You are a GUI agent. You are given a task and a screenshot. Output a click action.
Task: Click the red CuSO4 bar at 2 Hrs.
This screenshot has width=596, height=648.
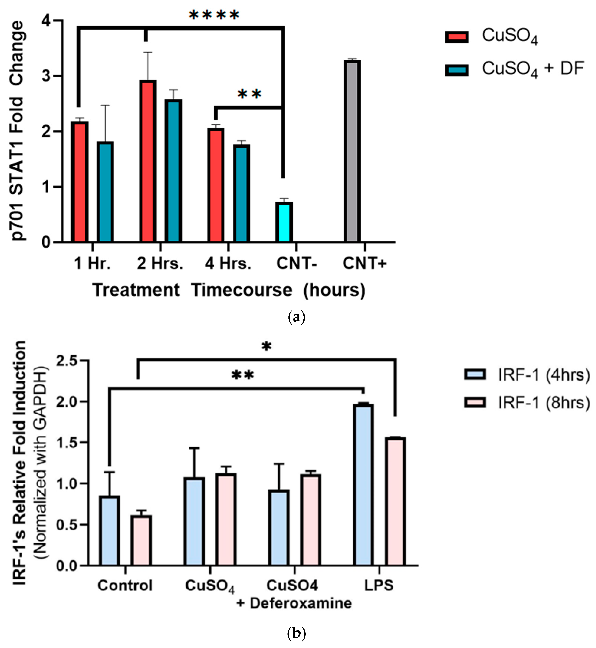tap(148, 161)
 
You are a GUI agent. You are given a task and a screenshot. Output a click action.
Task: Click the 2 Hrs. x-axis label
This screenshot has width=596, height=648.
tap(160, 263)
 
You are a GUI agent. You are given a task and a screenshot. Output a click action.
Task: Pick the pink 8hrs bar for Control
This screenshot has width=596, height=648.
tap(141, 541)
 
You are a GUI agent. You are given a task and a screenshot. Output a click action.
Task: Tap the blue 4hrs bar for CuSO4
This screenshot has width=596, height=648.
tap(194, 521)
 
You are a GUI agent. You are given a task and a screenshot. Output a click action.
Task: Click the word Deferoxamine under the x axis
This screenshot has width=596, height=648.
tap(301, 603)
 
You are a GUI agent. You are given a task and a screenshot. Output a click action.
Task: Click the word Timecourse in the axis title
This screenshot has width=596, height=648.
tap(242, 290)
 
